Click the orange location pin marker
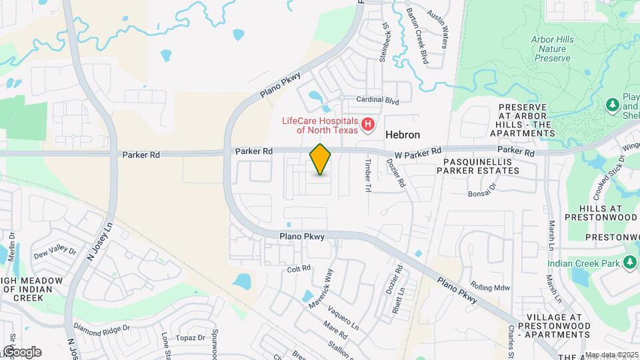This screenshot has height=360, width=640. pos(321,159)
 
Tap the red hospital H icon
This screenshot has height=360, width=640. pos(367,124)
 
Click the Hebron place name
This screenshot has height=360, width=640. pos(403,135)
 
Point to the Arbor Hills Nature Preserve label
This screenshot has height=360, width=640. pos(552,49)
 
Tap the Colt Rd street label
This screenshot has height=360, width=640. pos(299,269)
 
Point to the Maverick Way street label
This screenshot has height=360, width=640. pos(321,289)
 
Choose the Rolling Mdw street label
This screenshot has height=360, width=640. pos(489,287)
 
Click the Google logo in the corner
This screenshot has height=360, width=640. pos(22,351)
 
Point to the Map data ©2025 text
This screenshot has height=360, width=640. pos(611,355)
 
